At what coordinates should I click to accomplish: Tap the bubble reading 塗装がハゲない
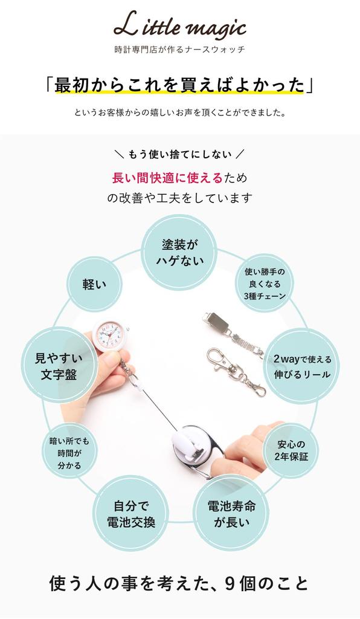179,253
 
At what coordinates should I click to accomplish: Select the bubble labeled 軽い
94,284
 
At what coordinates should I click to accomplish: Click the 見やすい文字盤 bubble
59,366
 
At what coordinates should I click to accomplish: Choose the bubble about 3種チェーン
265,284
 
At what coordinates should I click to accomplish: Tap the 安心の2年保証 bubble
291,450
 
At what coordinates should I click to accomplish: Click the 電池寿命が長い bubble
231,514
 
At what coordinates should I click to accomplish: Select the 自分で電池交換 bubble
131,514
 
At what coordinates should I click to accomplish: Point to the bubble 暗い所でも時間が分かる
69,453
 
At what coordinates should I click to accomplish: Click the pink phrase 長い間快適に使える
167,178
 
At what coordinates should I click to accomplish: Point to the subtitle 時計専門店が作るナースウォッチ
180,50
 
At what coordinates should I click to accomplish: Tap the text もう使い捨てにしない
180,154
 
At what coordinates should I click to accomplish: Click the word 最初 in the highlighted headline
71,85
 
